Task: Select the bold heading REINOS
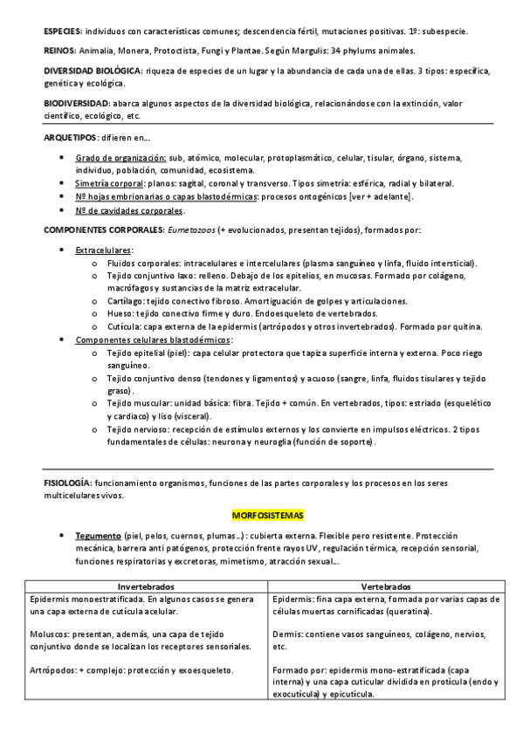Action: (x=58, y=51)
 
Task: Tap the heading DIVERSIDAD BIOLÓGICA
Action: (x=93, y=70)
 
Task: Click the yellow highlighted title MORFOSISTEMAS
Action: (x=261, y=515)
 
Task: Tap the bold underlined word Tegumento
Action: (x=99, y=535)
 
